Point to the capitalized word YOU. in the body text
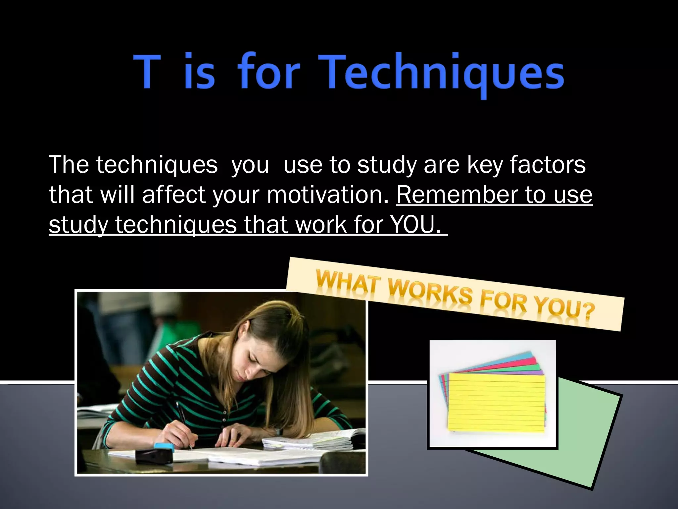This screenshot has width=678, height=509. [416, 225]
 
